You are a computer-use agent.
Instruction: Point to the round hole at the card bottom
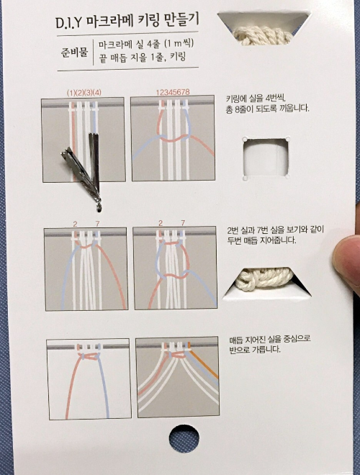pos(184,439)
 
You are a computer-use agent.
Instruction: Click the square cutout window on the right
pos(266,158)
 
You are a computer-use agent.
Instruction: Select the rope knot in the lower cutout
pos(264,279)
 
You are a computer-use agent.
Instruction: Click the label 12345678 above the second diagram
pos(173,92)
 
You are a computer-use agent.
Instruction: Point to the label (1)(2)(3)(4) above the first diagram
pos(84,93)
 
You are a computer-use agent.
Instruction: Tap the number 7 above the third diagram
pos(97,224)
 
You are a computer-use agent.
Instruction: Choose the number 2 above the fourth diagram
pos(161,223)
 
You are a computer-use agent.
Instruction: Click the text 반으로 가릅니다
pos(255,350)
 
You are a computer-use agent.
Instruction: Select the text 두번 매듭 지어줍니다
pos(261,240)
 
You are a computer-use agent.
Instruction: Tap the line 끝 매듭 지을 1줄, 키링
pos(142,58)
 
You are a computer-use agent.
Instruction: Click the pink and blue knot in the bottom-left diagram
pos(89,357)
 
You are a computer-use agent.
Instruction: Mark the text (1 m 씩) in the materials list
pos(179,44)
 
